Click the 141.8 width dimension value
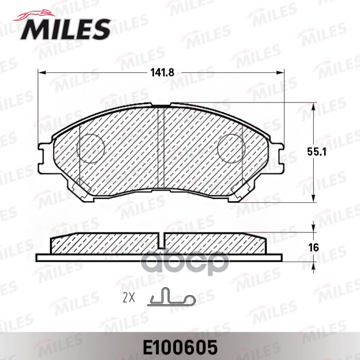162,72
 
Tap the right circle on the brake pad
230,148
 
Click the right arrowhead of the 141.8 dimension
282,72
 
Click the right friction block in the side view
216,244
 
